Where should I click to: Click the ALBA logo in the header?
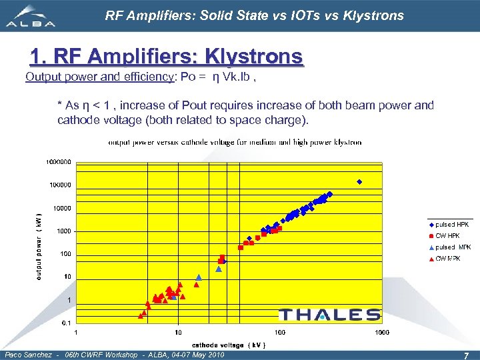click(31, 17)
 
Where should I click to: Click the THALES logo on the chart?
click(329, 315)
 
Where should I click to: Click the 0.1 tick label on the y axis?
click(67, 323)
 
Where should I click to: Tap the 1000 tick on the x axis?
click(382, 332)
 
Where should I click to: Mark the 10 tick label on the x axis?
click(178, 332)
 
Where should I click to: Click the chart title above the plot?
click(235, 142)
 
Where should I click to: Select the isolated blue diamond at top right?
click(359, 182)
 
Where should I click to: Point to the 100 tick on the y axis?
click(65, 254)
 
